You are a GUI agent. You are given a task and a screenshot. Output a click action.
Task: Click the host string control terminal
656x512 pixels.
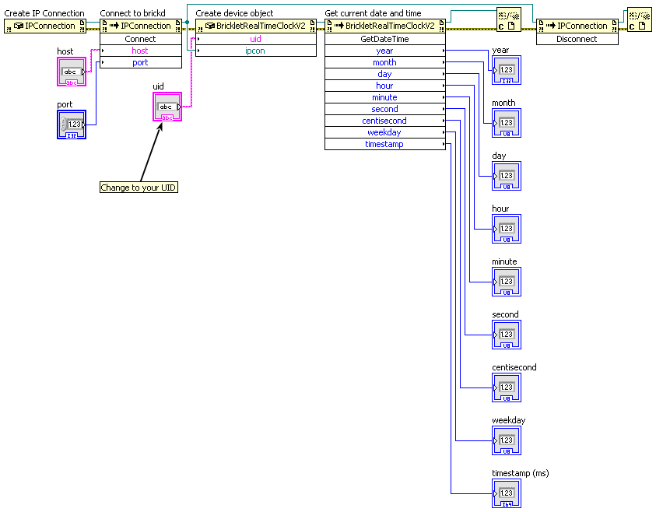[72, 72]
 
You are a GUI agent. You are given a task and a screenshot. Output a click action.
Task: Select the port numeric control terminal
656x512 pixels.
[72, 124]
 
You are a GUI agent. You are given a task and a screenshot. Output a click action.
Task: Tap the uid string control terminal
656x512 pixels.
[167, 107]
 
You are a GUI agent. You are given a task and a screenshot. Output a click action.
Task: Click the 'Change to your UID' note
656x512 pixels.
[139, 188]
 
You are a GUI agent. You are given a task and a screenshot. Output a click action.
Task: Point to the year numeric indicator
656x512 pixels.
[507, 70]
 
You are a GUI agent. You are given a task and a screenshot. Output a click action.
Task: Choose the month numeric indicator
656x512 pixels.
[507, 123]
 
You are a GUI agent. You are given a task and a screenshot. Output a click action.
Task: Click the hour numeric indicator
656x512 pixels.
[507, 229]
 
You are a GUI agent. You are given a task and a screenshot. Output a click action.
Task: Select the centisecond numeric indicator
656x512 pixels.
[507, 388]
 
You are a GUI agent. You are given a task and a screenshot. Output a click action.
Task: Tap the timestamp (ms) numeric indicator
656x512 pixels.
[507, 493]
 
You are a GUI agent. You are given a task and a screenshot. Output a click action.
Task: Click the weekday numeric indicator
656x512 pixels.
[507, 440]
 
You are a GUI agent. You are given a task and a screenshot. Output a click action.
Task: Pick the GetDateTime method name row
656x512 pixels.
[385, 39]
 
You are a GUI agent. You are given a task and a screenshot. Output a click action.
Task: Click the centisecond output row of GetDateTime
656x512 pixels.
[385, 121]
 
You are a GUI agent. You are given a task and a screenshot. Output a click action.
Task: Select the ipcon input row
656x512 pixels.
[255, 51]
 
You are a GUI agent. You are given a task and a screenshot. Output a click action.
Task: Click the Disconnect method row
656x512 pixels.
[577, 39]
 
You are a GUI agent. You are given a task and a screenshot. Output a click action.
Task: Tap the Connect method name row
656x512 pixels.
[141, 39]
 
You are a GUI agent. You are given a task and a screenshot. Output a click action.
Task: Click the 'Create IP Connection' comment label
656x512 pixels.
[44, 13]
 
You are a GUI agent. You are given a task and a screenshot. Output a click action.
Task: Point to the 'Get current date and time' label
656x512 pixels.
[374, 13]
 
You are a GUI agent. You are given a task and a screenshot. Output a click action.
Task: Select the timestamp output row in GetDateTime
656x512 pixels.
[385, 144]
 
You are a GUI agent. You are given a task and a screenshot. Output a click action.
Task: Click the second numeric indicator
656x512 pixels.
[507, 335]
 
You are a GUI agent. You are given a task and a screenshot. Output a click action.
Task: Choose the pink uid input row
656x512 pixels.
[255, 39]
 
